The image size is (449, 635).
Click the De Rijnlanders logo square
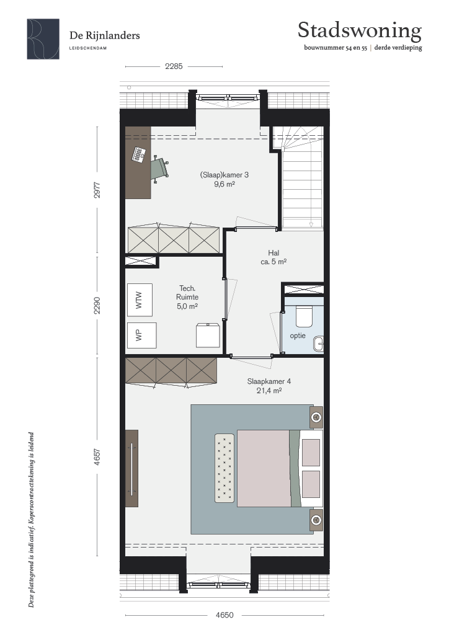43,39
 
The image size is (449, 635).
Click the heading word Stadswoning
360,31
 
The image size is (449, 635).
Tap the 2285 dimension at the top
174,66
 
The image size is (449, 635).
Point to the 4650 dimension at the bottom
225,615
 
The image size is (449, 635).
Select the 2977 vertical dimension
97,190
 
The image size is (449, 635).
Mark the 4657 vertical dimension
97,456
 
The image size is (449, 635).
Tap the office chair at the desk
159,168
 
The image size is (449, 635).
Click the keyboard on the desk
139,154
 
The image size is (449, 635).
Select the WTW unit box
140,300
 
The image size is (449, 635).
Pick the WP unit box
141,335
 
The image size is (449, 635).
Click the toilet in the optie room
304,317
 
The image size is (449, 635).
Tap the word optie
298,335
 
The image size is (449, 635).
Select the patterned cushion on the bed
225,468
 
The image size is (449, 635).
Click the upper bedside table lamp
316,417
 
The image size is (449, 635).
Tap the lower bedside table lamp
316,520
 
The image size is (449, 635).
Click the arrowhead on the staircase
311,225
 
